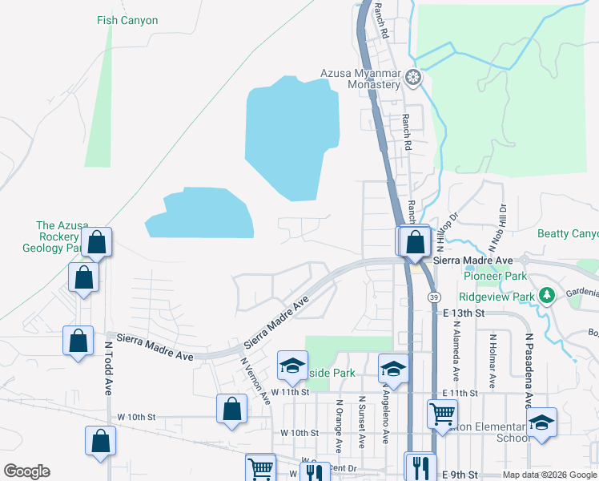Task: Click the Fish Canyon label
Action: click(x=127, y=21)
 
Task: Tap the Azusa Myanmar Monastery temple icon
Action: click(x=413, y=79)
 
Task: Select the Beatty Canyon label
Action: click(x=568, y=234)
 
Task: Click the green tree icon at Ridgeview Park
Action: click(x=548, y=296)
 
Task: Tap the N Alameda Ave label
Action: click(x=456, y=351)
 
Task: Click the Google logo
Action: click(x=26, y=471)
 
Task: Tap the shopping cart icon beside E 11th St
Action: click(x=442, y=414)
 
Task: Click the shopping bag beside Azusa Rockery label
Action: click(x=97, y=242)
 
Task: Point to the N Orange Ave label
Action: click(x=339, y=425)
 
